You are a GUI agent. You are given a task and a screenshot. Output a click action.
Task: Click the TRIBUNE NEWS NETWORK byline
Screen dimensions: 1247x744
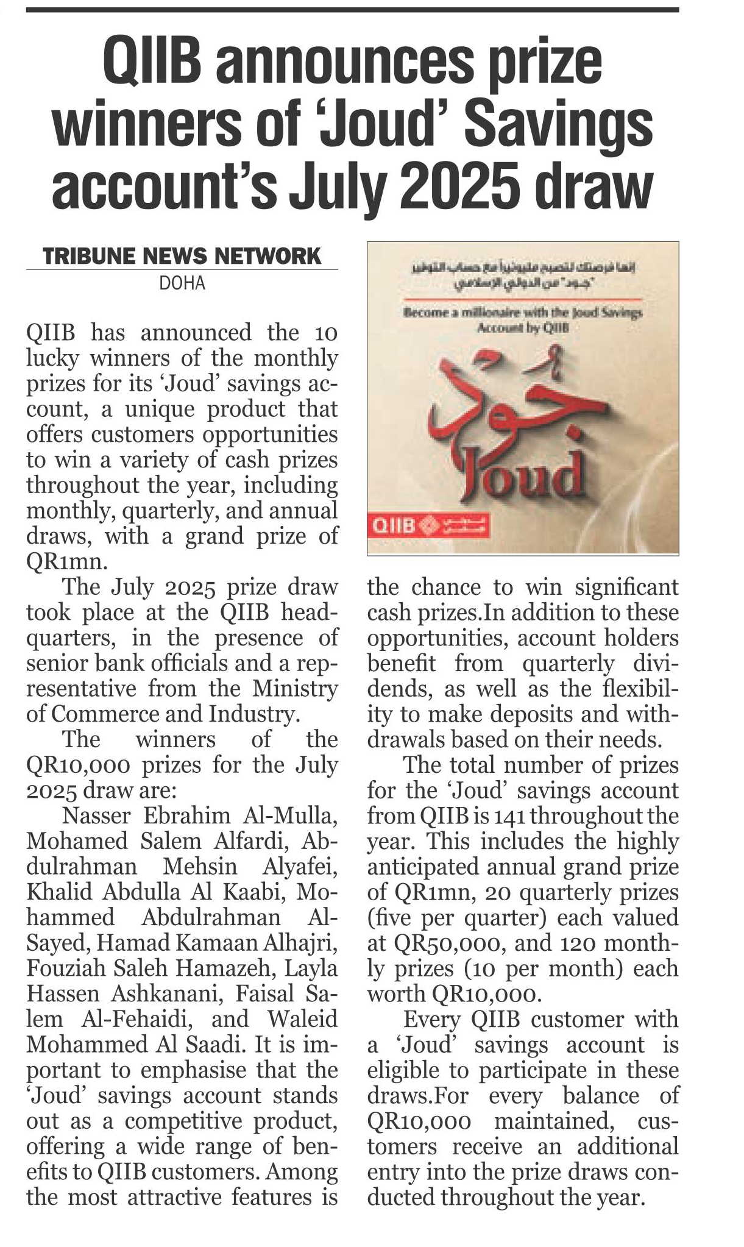[182, 256]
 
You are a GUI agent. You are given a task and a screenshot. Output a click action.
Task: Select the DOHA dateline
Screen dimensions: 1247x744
[182, 283]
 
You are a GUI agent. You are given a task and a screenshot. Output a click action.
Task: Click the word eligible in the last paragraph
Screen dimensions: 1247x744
[403, 1070]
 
